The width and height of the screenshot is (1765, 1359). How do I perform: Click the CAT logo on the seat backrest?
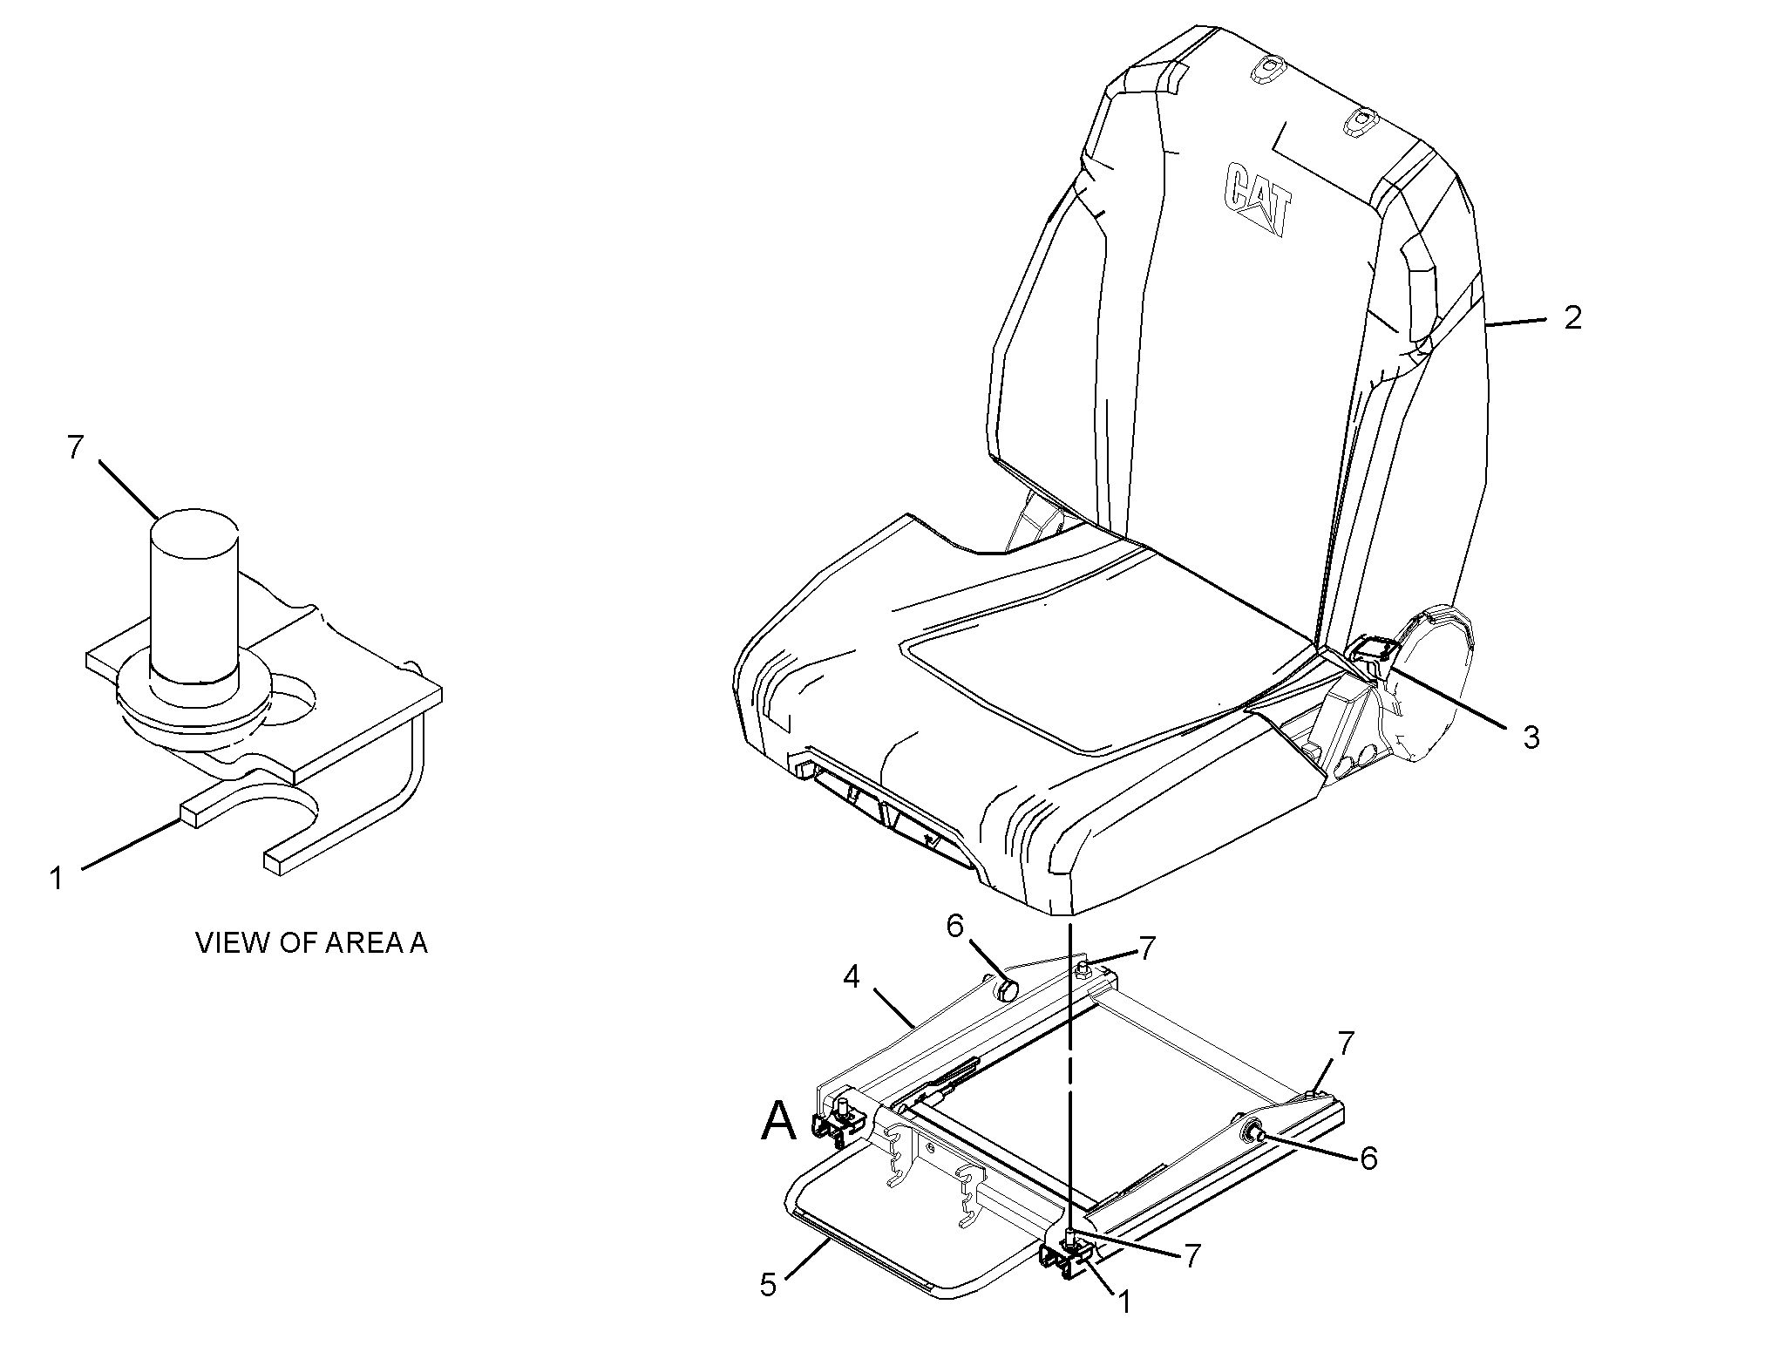pos(1258,198)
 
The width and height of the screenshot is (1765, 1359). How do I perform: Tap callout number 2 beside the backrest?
pos(1572,317)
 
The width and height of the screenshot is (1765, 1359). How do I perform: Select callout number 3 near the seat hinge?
pos(1531,737)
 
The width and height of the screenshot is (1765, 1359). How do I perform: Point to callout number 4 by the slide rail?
pos(852,977)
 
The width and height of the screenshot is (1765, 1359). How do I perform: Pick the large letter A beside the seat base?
pos(778,1121)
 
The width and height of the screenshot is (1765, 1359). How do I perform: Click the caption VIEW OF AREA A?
pos(311,943)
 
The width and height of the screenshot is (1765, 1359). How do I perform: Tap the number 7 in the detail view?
pos(75,447)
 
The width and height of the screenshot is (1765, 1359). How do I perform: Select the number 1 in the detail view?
pos(57,878)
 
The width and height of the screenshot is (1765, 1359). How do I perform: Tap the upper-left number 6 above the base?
pos(955,926)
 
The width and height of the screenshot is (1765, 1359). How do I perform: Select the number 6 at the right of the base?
pos(1368,1159)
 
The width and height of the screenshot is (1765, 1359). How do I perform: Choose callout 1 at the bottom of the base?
pos(1123,1302)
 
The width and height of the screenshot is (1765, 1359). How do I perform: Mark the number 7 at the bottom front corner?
pos(1191,1255)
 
